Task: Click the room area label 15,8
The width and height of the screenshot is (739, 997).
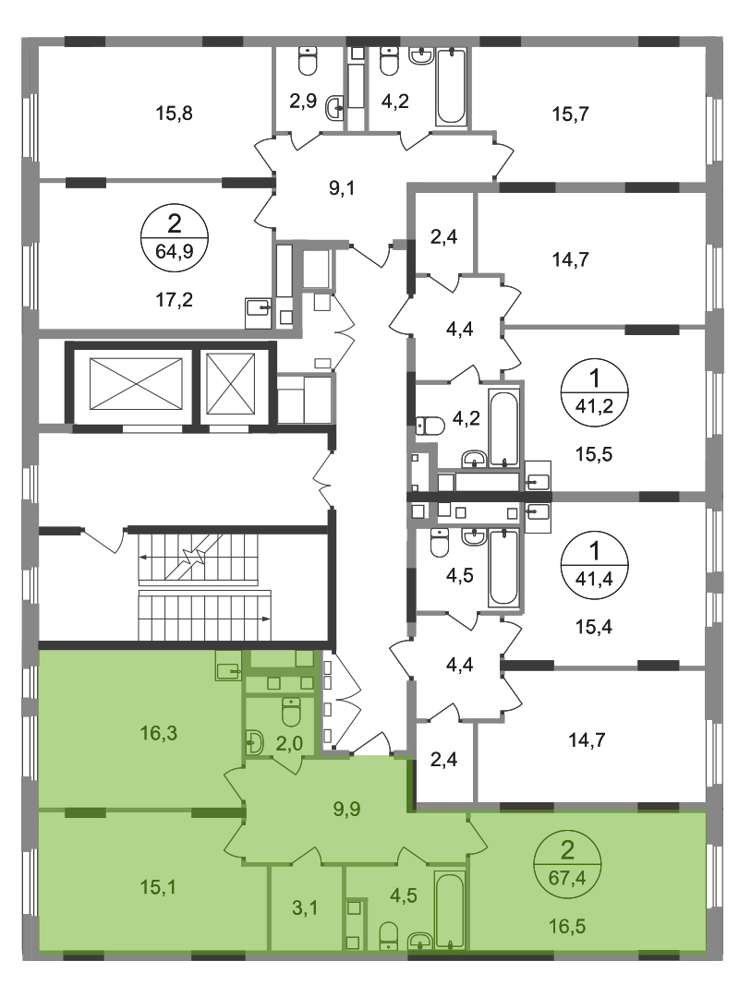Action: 174,114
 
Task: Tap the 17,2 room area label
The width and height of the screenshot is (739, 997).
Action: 174,299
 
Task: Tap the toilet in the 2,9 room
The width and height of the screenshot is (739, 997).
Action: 308,62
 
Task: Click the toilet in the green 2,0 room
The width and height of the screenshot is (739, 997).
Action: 291,712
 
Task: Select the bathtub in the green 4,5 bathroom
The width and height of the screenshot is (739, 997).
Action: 449,910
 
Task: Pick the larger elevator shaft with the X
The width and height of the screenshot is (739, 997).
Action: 136,384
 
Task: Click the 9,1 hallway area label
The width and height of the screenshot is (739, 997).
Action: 341,189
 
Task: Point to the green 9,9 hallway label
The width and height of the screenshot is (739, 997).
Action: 347,809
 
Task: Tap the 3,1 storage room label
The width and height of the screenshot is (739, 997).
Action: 305,908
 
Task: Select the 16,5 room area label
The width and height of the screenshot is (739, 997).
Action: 567,927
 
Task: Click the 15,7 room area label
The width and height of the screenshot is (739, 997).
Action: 570,114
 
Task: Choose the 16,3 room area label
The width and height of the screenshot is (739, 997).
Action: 159,733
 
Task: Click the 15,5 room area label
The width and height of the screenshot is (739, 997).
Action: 594,454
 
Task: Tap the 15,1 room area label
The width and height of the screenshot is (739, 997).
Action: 159,886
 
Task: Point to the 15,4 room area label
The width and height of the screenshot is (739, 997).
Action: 594,627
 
